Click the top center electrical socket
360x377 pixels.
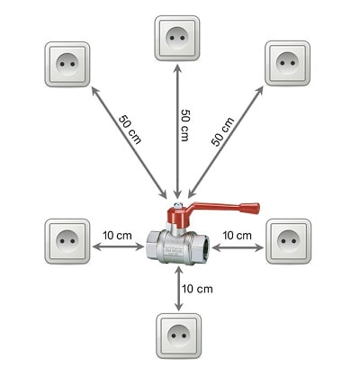click(177, 38)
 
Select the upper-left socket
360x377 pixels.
click(67, 64)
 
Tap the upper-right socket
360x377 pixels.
click(287, 63)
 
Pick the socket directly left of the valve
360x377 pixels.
click(67, 241)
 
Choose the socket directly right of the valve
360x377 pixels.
click(289, 241)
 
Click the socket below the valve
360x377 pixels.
click(179, 336)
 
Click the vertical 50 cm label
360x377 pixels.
click(185, 125)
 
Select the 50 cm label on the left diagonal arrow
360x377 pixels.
click(130, 130)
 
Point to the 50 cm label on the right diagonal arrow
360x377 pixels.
click(222, 131)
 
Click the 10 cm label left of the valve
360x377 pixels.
click(117, 236)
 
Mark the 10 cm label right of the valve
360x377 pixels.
click(237, 236)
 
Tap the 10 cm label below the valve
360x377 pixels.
click(197, 289)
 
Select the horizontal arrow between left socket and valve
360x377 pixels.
click(118, 247)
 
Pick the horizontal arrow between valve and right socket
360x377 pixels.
click(238, 247)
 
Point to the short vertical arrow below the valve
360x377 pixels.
click(178, 289)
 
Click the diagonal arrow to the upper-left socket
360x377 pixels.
click(129, 142)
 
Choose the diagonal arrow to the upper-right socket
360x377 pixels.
click(226, 142)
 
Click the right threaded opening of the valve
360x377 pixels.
click(205, 248)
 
